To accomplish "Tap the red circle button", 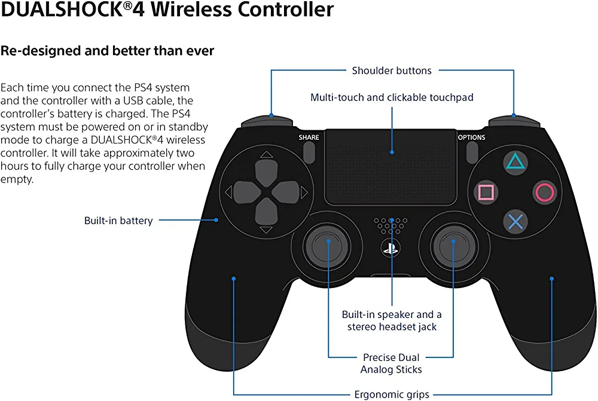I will pos(544,192).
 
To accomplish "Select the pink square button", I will pos(486,192).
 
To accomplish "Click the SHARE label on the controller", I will pos(309,137).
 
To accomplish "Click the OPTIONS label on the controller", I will pos(472,137).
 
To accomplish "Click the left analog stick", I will pos(328,241).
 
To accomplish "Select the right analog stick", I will pos(454,241).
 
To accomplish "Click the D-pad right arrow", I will pos(304,192).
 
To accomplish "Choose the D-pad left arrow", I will pos(228,192).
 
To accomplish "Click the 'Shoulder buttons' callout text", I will pos(392,71).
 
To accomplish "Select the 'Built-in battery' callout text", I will pos(118,221).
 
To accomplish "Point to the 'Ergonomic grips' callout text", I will pos(392,394).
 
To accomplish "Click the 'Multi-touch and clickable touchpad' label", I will pos(392,97).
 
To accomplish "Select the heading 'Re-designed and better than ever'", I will pos(107,51).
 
